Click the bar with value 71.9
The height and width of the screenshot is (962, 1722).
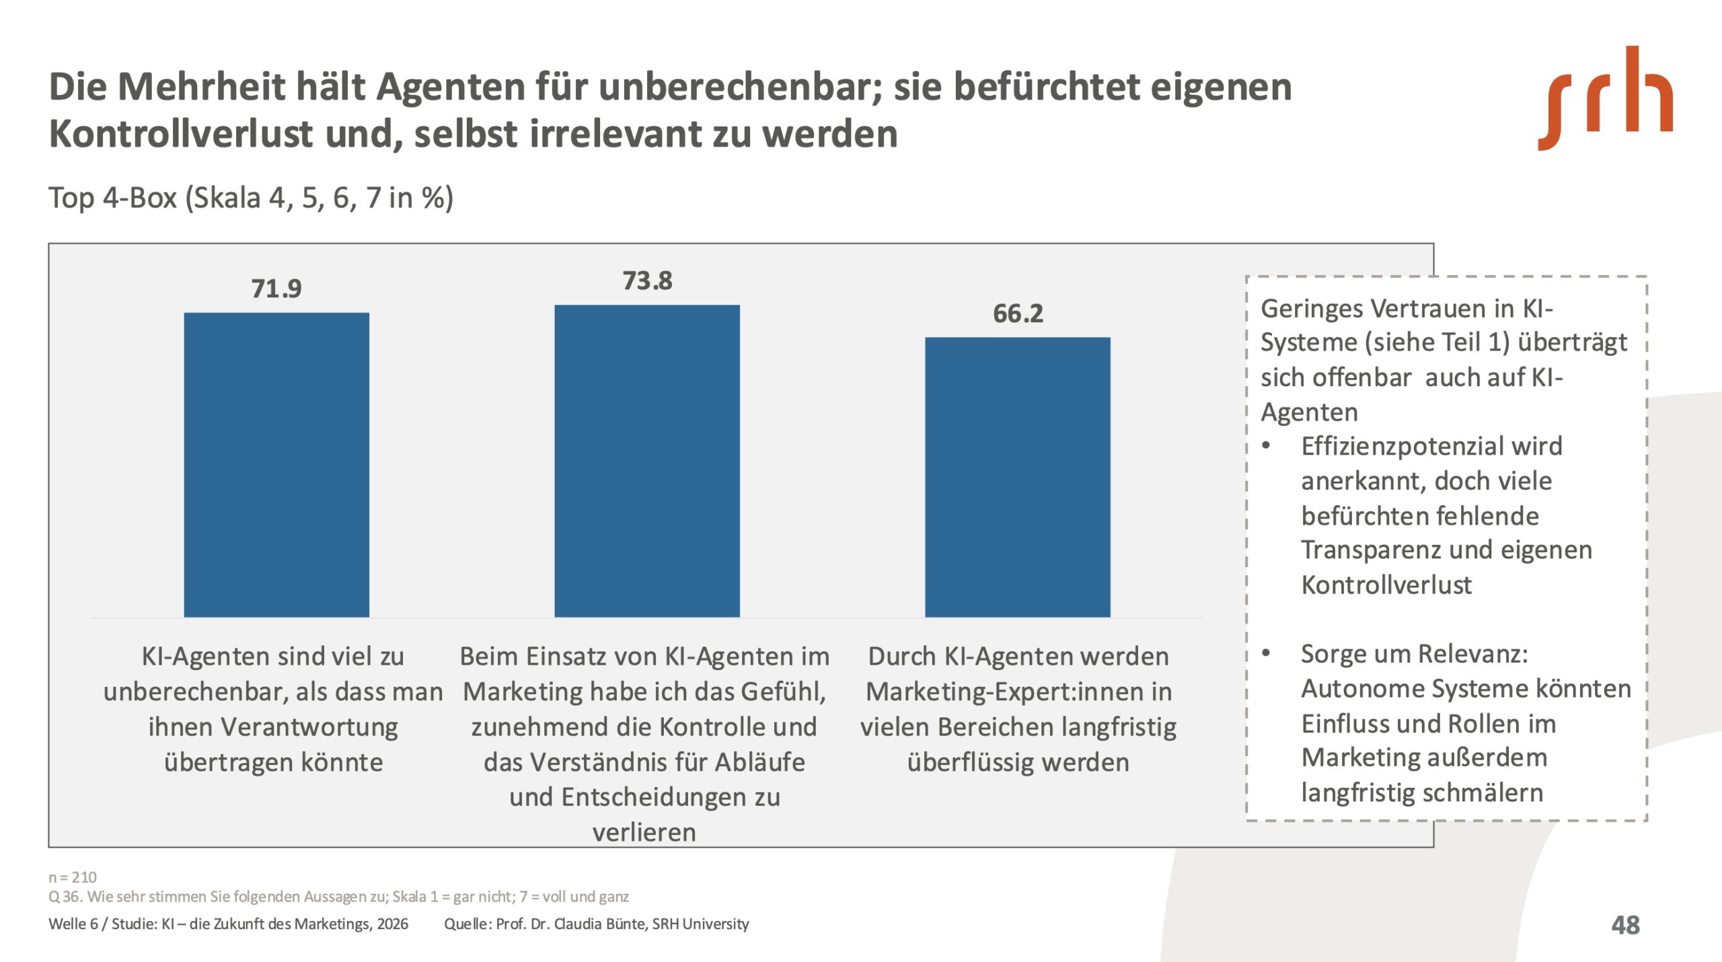[x=276, y=464]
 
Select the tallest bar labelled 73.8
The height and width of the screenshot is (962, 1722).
[x=646, y=461]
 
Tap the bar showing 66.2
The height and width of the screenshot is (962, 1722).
[x=1017, y=477]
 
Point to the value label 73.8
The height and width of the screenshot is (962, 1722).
[x=646, y=281]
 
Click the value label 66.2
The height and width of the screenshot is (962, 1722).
[x=1018, y=313]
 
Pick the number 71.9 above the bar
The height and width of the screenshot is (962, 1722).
[x=276, y=289]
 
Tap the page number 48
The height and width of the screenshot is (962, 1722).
[x=1625, y=925]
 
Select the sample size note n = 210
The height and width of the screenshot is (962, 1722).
[x=73, y=877]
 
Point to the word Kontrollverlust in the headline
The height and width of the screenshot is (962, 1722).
[x=181, y=134]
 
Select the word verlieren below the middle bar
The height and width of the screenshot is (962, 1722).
[x=644, y=833]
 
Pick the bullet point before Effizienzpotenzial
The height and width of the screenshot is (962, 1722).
[x=1266, y=447]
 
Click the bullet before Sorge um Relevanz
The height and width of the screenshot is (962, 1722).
[x=1266, y=654]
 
